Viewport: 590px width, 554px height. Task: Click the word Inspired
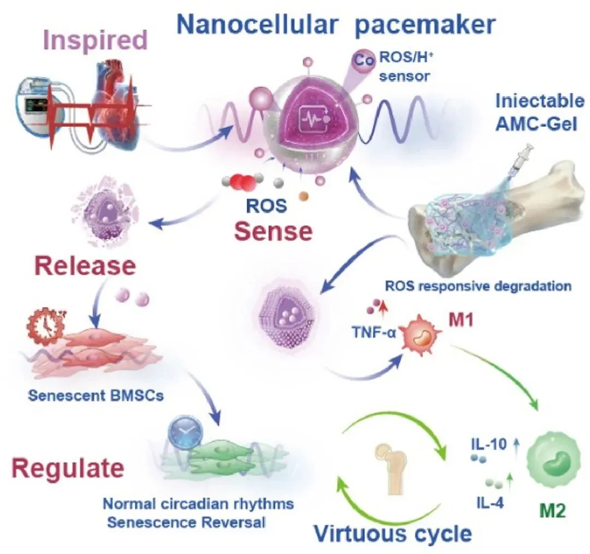[x=95, y=41]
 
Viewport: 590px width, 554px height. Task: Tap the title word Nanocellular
[x=257, y=25]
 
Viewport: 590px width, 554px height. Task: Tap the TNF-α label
[x=374, y=332]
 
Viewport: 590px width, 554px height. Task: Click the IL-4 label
[x=490, y=503]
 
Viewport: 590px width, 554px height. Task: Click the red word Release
[x=85, y=266]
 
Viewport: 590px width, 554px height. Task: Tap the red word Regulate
[x=68, y=468]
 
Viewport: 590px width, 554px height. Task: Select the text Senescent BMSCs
[x=96, y=395]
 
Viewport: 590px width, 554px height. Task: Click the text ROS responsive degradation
[x=478, y=286]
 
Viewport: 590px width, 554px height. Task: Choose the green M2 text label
[x=552, y=510]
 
